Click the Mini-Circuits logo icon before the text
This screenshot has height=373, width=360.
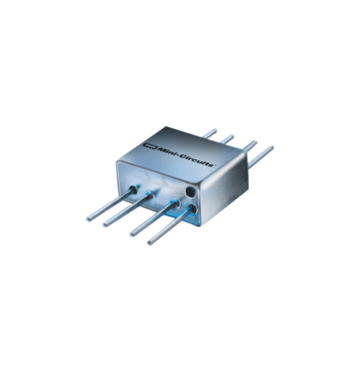149,146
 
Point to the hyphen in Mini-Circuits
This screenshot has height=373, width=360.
175,154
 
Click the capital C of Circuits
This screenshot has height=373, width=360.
180,156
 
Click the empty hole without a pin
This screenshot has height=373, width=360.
190,191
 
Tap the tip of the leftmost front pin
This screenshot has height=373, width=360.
89,219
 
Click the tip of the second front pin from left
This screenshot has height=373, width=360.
106,224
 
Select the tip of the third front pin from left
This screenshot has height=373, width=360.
132,234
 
